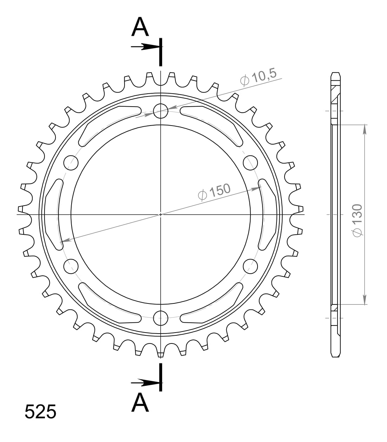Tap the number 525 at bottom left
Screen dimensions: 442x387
(40, 412)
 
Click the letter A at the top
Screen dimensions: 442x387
(140, 28)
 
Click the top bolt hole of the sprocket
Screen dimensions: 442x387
(161, 110)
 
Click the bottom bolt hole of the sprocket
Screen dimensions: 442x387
(161, 318)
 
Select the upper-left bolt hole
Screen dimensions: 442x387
(71, 162)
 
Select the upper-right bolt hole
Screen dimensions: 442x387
(250, 162)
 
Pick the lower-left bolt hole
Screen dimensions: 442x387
(71, 266)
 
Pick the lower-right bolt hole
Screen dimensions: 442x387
(250, 266)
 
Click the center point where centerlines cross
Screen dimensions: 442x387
(161, 214)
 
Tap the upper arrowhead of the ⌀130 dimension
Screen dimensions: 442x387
(365, 129)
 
